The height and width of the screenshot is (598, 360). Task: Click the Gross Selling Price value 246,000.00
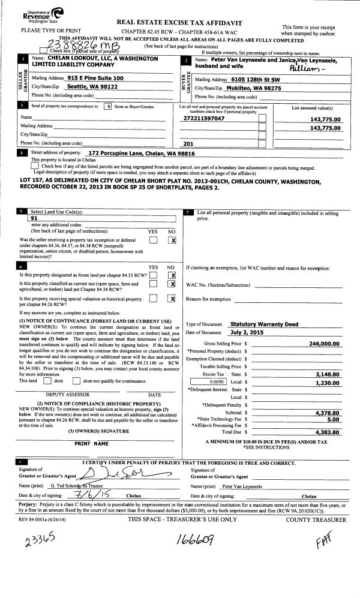tap(325, 344)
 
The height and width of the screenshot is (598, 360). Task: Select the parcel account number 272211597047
tap(204, 119)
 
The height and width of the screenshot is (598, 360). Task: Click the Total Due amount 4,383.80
tap(328, 431)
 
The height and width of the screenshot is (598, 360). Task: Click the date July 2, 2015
tap(247, 332)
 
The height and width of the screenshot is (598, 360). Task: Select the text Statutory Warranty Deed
tap(264, 324)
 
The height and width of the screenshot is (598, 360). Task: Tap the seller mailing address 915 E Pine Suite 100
tap(96, 78)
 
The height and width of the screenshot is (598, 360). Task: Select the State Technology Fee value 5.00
tap(334, 419)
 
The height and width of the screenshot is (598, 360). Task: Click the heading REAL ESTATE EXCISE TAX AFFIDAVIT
tap(183, 20)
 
